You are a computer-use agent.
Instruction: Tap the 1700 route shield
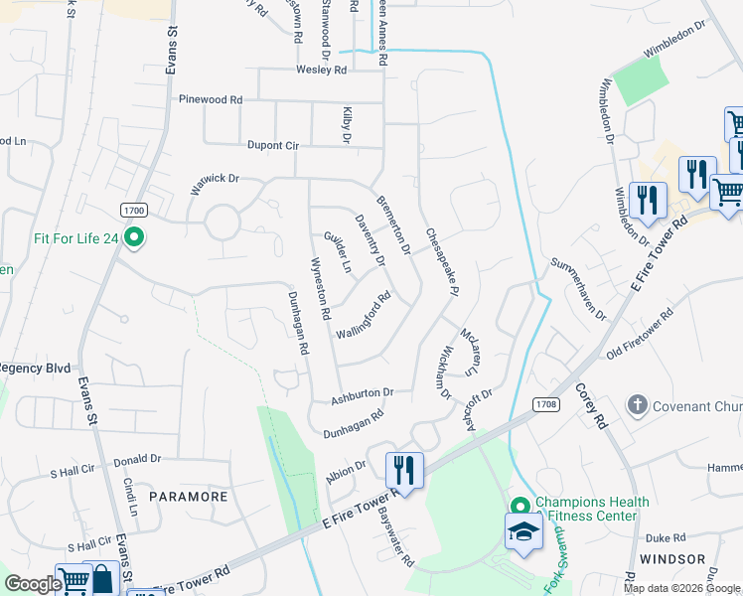(134, 211)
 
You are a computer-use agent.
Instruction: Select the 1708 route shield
(544, 404)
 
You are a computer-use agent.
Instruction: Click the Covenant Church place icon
(637, 405)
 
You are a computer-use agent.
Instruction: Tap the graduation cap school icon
(523, 531)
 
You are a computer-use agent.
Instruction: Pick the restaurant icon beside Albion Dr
(404, 469)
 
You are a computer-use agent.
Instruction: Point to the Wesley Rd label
(321, 71)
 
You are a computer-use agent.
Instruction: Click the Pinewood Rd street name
(211, 100)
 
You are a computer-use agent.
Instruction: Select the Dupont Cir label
(244, 145)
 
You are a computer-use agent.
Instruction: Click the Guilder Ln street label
(338, 252)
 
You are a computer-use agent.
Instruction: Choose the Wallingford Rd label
(364, 315)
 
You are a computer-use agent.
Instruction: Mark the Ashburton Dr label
(363, 393)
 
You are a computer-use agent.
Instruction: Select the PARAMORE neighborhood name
(189, 496)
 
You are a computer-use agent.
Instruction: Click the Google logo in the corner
(33, 584)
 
